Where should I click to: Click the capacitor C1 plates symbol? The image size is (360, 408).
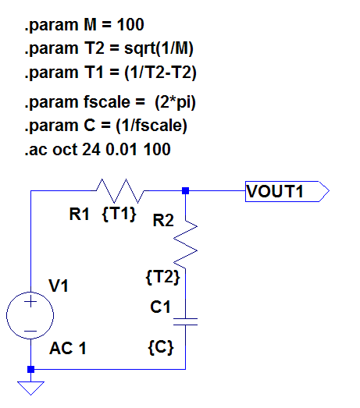point(186,320)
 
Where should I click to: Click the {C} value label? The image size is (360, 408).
point(160,344)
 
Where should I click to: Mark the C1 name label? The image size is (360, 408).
point(160,308)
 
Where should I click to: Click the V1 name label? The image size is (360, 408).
point(59,286)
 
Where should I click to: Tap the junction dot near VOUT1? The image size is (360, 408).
point(186,190)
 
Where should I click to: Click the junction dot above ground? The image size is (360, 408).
point(30,369)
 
